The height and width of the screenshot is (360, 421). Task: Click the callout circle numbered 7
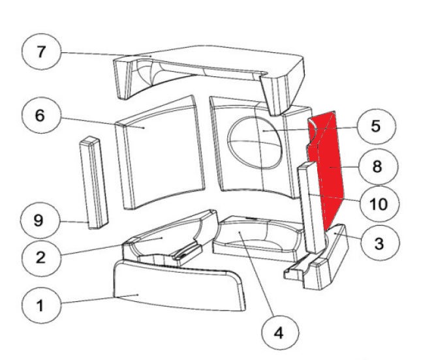[42, 52]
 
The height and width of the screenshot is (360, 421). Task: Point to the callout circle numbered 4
[279, 333]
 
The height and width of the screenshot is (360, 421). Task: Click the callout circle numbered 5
[375, 126]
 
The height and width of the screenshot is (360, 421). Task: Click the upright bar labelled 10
[310, 209]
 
